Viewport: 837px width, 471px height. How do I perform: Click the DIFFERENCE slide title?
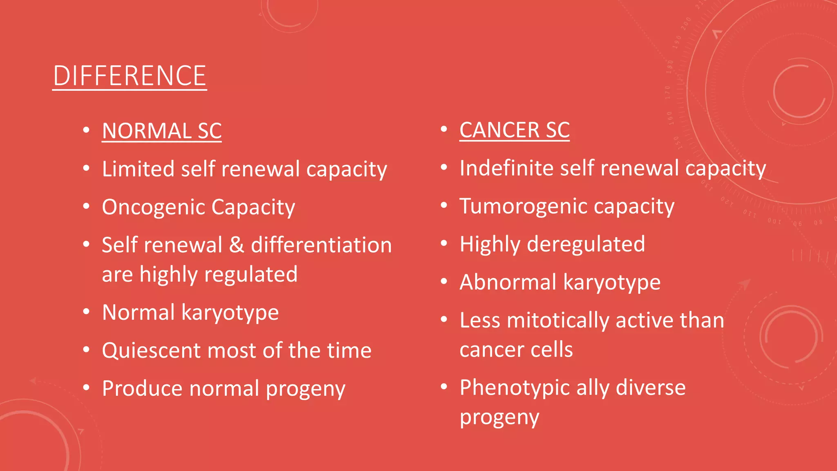(x=130, y=76)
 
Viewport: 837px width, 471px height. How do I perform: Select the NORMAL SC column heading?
(x=161, y=131)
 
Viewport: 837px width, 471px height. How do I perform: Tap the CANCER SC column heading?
(x=514, y=130)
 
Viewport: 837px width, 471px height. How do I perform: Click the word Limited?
(x=138, y=169)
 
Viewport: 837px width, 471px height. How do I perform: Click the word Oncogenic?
(x=153, y=207)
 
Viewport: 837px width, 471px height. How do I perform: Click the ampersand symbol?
(x=236, y=245)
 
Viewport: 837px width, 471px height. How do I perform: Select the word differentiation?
(x=321, y=245)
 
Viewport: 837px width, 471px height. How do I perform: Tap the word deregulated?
(x=586, y=244)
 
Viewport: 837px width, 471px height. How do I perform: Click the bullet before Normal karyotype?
(x=86, y=312)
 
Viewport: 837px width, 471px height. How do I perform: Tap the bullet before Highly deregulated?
(x=444, y=244)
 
